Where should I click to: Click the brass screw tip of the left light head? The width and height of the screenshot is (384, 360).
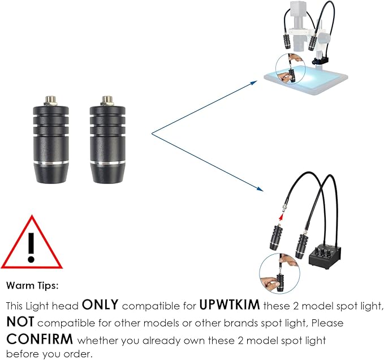[50, 100]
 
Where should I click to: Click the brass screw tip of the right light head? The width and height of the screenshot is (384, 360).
[107, 100]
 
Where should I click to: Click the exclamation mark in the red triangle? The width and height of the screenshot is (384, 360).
[31, 247]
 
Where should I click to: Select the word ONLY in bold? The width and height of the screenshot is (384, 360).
[100, 305]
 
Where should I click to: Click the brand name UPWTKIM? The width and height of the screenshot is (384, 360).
[230, 305]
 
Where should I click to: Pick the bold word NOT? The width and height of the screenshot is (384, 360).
[20, 322]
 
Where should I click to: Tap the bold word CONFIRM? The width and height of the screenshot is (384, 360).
[40, 339]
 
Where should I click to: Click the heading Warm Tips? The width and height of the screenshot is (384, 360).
[33, 285]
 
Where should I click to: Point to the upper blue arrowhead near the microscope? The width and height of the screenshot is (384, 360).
[254, 83]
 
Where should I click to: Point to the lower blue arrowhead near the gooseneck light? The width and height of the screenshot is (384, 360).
[260, 189]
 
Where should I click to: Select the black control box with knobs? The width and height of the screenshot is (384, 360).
[325, 257]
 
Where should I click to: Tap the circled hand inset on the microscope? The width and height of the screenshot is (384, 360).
[291, 69]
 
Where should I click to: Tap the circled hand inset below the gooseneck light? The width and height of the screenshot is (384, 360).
[279, 273]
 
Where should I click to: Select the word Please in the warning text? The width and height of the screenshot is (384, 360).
[327, 323]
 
